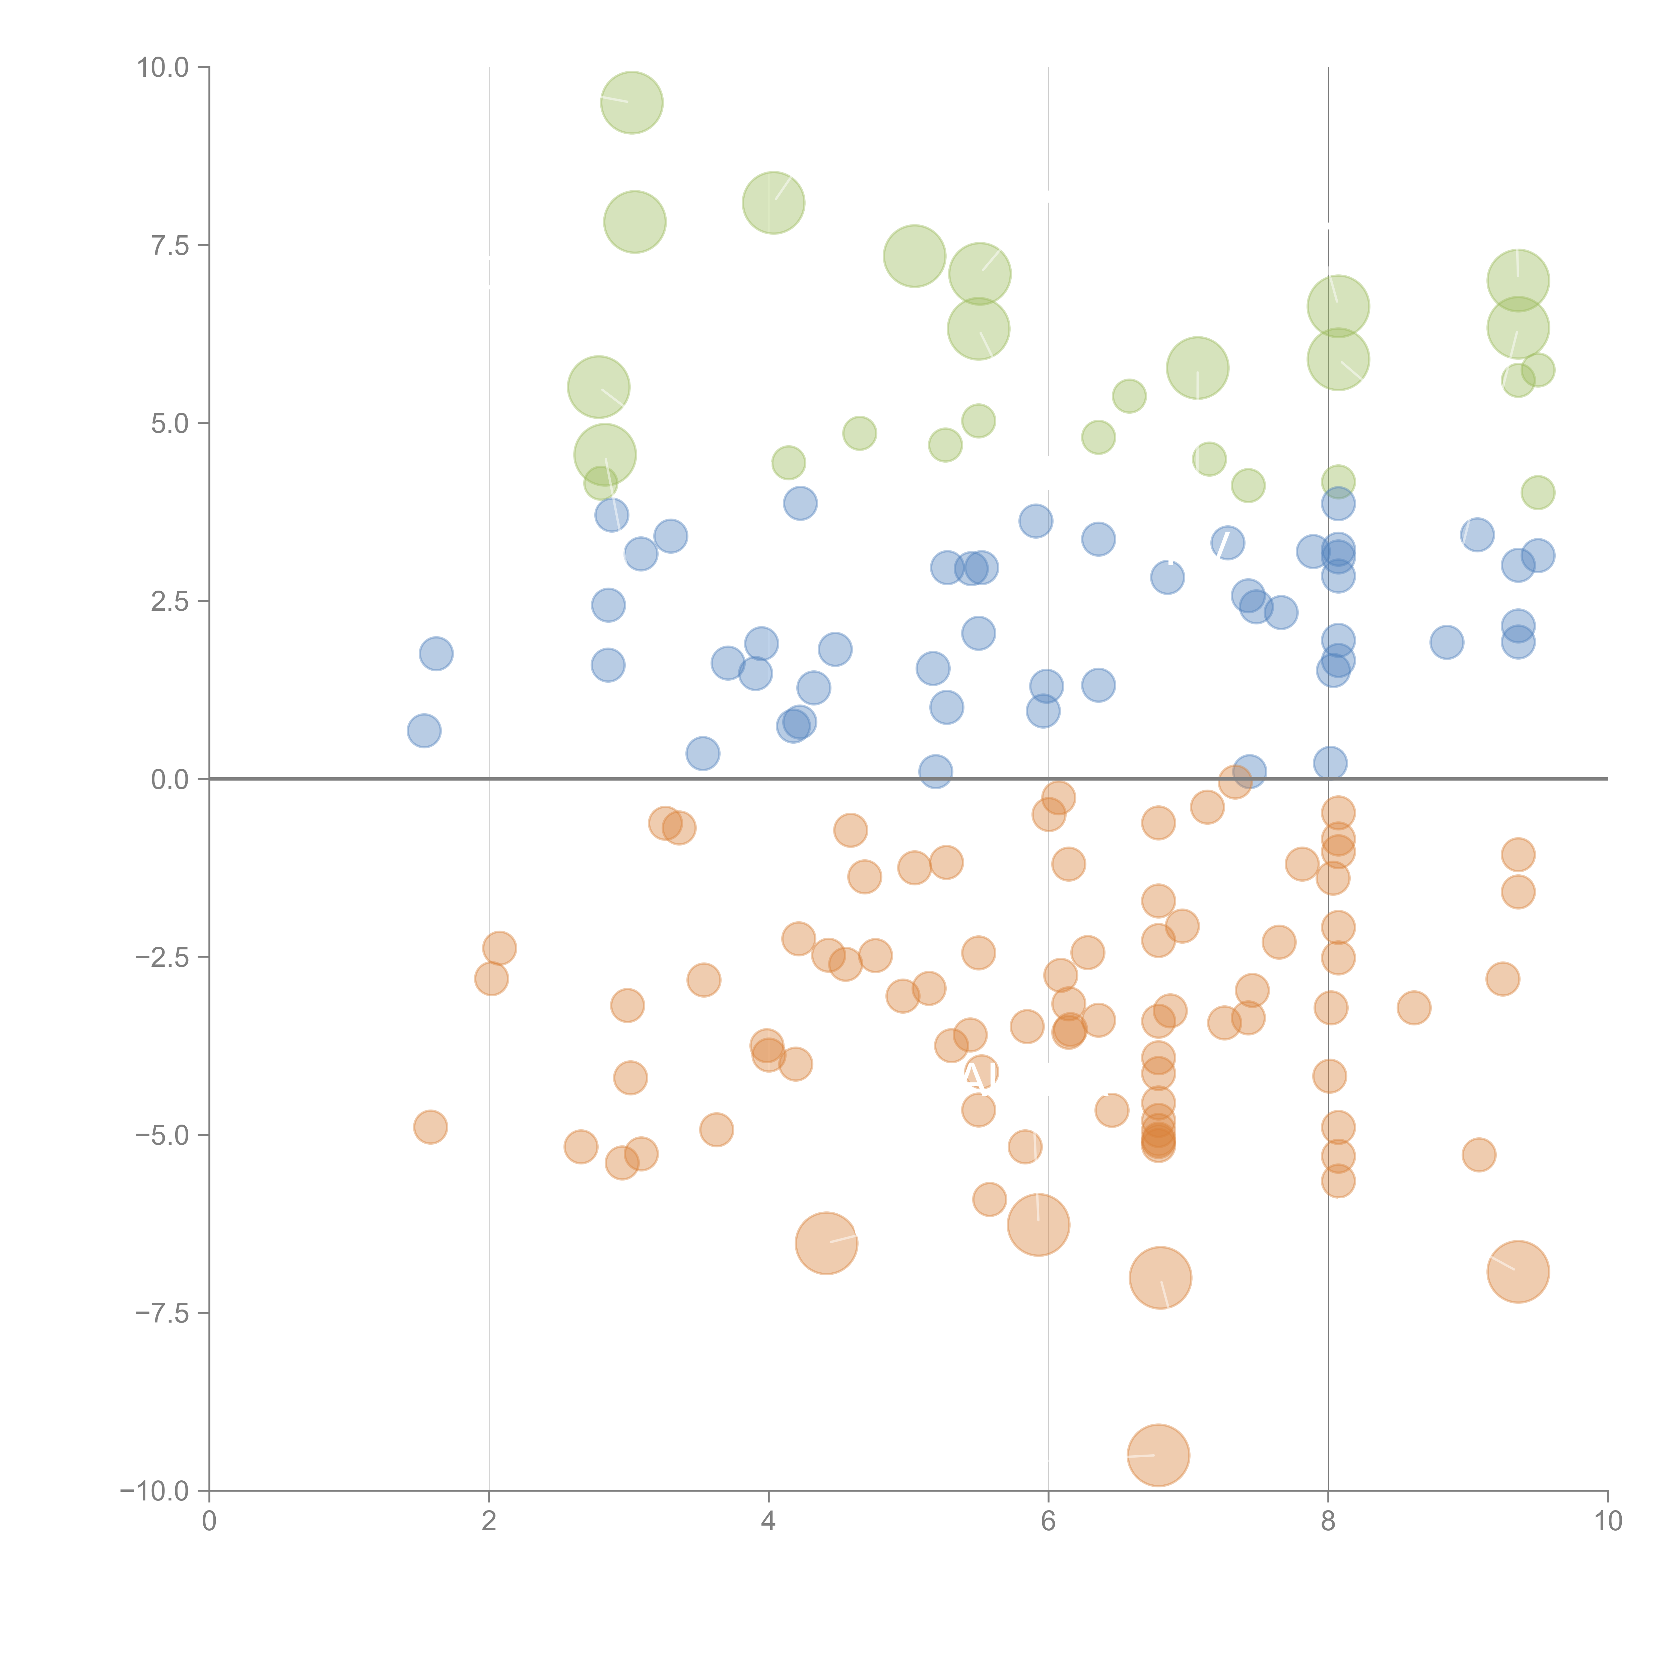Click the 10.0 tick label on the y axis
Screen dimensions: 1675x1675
163,68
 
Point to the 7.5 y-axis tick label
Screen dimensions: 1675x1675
170,245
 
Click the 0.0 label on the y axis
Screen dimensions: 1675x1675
170,780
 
